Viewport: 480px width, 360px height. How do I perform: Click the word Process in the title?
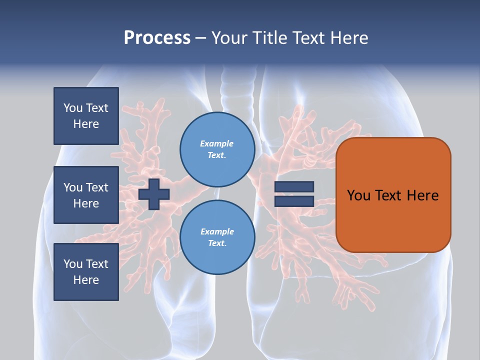coord(157,38)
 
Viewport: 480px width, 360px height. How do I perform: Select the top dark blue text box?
coord(86,116)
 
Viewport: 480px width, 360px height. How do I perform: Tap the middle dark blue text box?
coord(86,195)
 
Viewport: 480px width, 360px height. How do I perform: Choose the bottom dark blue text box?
coord(86,271)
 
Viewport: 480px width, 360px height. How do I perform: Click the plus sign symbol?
coord(154,194)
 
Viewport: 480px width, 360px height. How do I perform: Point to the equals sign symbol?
coord(294,194)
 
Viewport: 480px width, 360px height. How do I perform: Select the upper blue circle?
coord(217,149)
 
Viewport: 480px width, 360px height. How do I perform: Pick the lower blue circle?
coord(217,237)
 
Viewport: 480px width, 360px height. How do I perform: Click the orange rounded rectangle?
coord(393,195)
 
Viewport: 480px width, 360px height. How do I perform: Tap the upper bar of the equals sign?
coord(294,187)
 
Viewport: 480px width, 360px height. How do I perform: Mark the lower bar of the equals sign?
coord(294,201)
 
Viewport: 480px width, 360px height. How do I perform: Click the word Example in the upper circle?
coord(217,143)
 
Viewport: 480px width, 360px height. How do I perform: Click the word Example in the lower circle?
coord(217,231)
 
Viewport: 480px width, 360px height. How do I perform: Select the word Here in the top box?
coord(86,124)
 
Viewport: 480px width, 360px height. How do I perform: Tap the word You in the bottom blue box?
coord(73,264)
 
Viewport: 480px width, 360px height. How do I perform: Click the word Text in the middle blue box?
coord(97,187)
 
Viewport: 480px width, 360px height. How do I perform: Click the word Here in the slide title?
coord(348,38)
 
